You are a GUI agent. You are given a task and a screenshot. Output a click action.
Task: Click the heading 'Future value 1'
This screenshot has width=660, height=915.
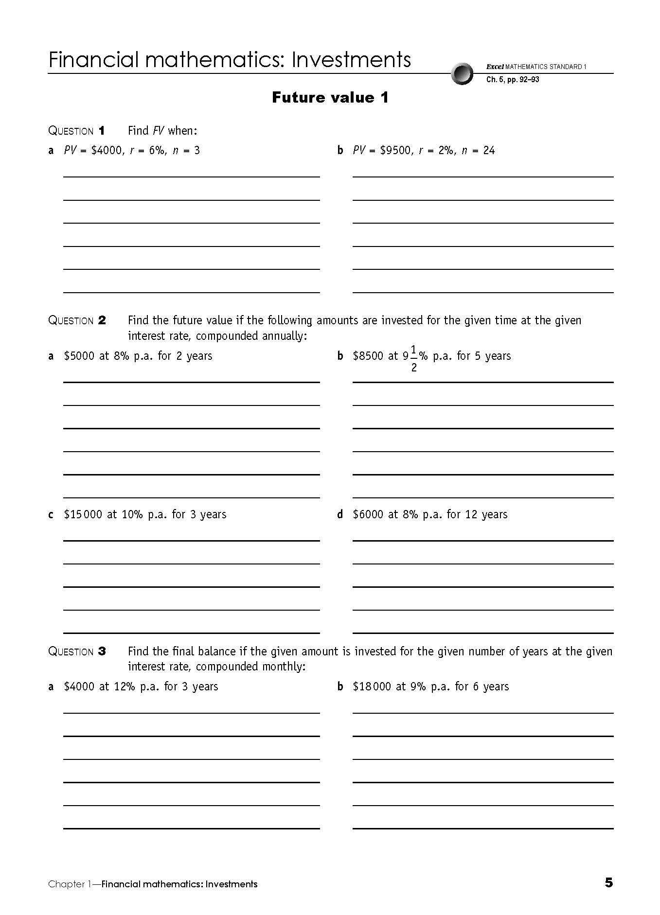point(330,98)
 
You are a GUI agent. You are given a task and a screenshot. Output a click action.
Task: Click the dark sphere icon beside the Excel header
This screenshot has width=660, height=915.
point(462,73)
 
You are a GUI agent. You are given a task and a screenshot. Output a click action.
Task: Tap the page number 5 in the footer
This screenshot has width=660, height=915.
point(608,883)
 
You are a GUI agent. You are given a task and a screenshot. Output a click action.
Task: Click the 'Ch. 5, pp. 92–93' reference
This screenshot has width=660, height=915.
point(513,80)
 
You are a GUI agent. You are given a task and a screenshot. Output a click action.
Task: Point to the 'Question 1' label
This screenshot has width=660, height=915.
point(76,131)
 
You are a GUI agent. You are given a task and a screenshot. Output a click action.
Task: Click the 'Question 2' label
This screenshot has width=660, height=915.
point(77,320)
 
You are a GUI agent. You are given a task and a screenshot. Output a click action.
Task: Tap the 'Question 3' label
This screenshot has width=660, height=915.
point(77,651)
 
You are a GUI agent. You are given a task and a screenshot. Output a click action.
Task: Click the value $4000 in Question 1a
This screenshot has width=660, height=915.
point(107,151)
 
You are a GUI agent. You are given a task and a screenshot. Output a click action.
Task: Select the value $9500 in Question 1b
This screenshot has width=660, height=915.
point(395,151)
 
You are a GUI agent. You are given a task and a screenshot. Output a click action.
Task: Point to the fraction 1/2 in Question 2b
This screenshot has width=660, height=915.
point(413,358)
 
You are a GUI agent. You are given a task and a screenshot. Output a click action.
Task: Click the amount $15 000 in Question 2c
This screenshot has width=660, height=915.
point(83,514)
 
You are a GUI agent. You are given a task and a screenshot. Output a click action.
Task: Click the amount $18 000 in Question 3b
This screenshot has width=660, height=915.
point(372,686)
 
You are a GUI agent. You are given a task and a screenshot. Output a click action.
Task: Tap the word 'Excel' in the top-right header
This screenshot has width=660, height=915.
point(495,67)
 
